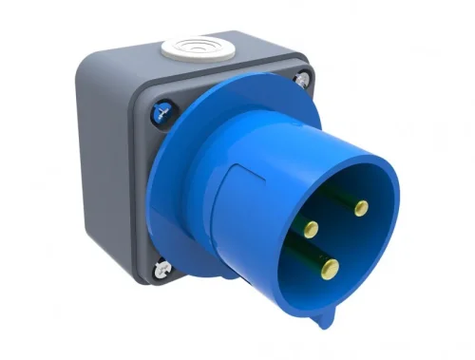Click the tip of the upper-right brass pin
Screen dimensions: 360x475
[x=360, y=207]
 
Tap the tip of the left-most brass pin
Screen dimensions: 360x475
[x=312, y=228]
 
